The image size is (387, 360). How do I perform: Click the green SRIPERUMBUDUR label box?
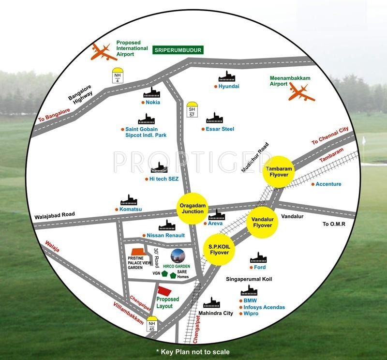point(178,50)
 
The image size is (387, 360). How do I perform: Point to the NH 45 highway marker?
point(152,326)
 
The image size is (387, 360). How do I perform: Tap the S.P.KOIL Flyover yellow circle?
point(219,250)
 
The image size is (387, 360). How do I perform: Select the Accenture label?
point(328,184)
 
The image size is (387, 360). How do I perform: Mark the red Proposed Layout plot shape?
point(164,291)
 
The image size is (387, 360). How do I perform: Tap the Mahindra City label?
point(216,314)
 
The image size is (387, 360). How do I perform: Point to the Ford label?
point(259,268)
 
